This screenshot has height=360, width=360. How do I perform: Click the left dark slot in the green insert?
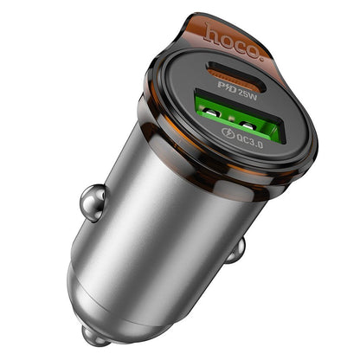click(x=233, y=104)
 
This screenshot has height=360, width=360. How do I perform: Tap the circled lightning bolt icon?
click(x=228, y=132)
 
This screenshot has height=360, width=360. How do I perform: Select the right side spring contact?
click(x=235, y=250)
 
